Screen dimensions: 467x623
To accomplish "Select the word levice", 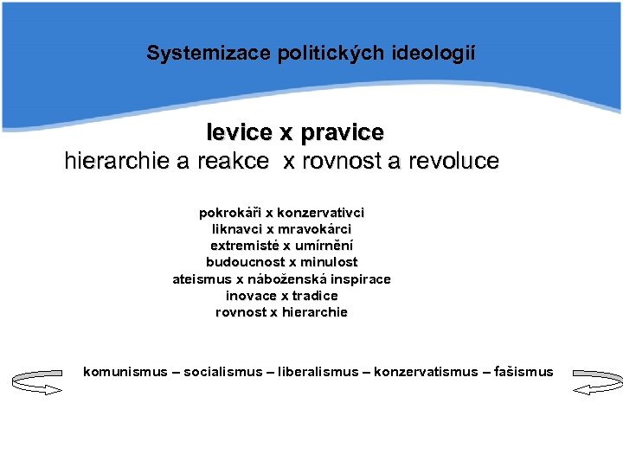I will (x=238, y=133).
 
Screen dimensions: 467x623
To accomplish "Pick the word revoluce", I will (x=454, y=162).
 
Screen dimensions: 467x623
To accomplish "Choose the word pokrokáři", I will (x=230, y=213).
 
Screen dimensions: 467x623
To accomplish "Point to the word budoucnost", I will (x=241, y=262).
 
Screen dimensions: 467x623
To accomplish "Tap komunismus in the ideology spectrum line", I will (x=125, y=372).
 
